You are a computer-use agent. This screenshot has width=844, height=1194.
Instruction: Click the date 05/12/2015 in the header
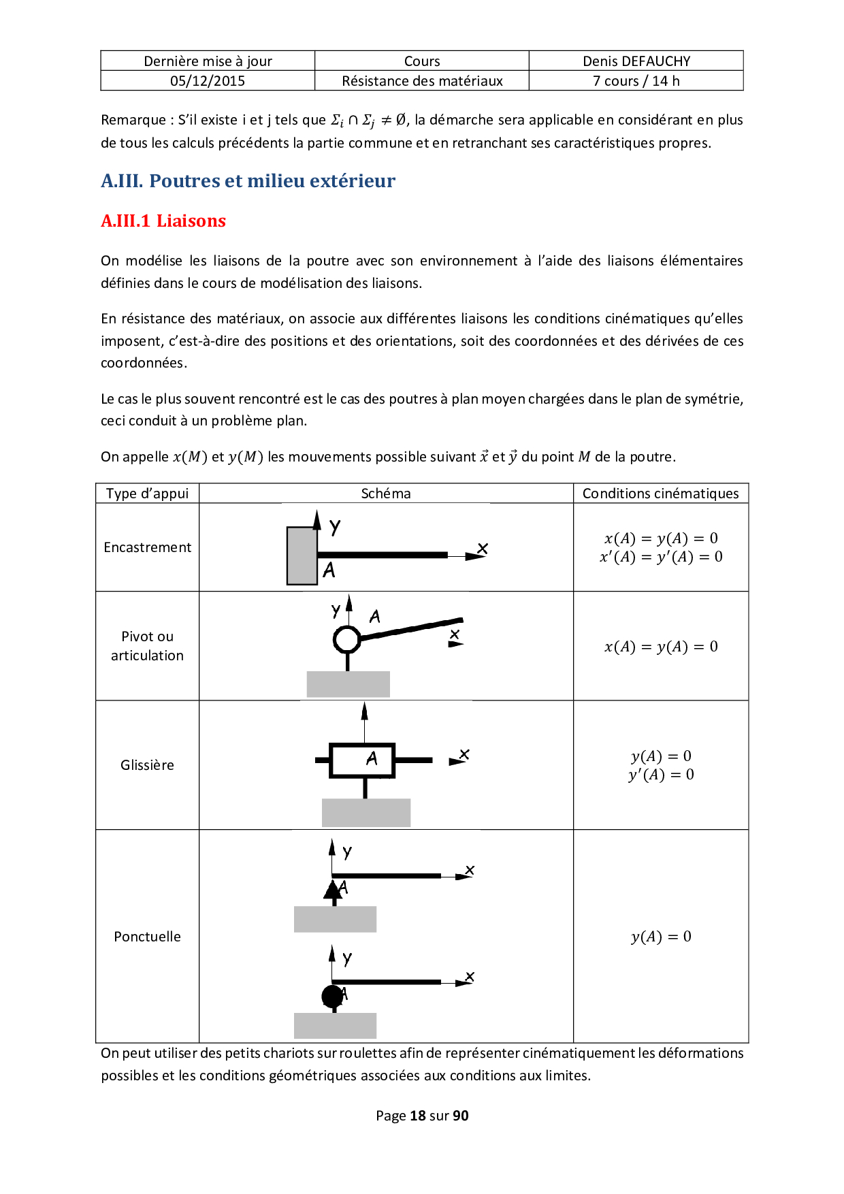208,81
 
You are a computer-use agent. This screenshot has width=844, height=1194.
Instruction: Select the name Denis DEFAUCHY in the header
636,61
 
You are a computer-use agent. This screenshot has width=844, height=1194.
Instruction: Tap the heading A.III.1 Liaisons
163,221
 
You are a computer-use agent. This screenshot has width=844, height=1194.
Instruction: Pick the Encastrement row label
147,547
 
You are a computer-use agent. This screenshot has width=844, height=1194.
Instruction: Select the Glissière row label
147,765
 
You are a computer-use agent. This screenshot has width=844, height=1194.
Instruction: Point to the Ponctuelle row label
147,937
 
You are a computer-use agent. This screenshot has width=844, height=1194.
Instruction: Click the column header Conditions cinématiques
660,494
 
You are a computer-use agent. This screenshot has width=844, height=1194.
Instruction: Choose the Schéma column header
386,494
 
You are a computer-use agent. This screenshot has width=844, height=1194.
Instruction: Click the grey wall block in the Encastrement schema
302,556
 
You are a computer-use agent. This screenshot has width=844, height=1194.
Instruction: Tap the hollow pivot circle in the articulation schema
347,639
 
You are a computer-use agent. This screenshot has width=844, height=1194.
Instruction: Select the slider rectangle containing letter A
362,760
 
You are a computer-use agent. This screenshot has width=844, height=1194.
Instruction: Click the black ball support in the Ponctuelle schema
332,997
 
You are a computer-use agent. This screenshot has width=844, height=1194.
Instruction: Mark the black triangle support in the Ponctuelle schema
332,891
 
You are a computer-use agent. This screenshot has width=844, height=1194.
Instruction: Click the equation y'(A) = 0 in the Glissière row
661,775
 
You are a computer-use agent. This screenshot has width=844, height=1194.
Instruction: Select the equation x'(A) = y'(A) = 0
661,557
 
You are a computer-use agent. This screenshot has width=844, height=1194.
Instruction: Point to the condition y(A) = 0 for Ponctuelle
661,937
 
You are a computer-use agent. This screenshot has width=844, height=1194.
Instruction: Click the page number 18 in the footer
417,1116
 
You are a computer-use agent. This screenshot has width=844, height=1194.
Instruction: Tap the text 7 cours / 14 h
636,81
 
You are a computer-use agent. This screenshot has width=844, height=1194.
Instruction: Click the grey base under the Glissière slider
366,813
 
